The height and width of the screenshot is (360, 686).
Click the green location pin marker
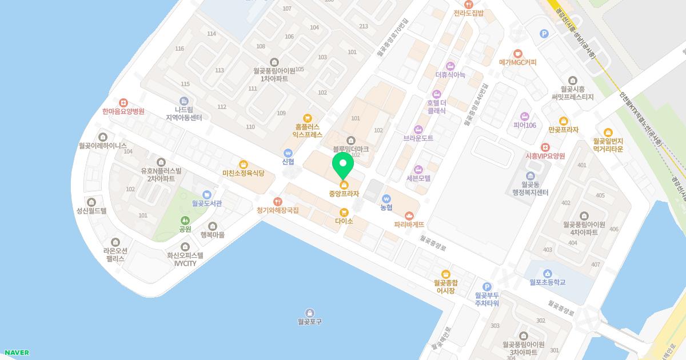pyautogui.click(x=343, y=166)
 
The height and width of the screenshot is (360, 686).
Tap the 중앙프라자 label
pyautogui.click(x=344, y=194)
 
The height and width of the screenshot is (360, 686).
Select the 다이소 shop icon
pyautogui.click(x=344, y=213)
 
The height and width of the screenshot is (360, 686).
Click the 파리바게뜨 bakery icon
pyautogui.click(x=409, y=215)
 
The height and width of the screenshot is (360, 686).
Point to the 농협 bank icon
pyautogui.click(x=386, y=198)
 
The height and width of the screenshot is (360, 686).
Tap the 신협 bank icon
pyautogui.click(x=288, y=153)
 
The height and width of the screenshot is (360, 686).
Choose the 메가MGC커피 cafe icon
pyautogui.click(x=518, y=54)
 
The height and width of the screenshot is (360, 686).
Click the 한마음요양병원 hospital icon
pyautogui.click(x=122, y=102)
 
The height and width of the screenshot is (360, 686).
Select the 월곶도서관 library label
pyautogui.click(x=207, y=203)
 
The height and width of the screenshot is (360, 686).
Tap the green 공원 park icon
pyautogui.click(x=185, y=221)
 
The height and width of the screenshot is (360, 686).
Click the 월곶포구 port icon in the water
pyautogui.click(x=310, y=313)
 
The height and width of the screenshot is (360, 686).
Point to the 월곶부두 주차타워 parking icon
pyautogui.click(x=487, y=287)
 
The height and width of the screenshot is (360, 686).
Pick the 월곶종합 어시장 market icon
pyautogui.click(x=446, y=274)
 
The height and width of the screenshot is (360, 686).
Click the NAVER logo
pyautogui.click(x=17, y=353)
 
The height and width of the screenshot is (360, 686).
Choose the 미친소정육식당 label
pyautogui.click(x=244, y=173)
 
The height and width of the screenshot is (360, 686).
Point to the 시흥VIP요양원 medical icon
pyautogui.click(x=545, y=147)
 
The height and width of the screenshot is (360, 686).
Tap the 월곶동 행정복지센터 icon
pyautogui.click(x=530, y=175)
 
